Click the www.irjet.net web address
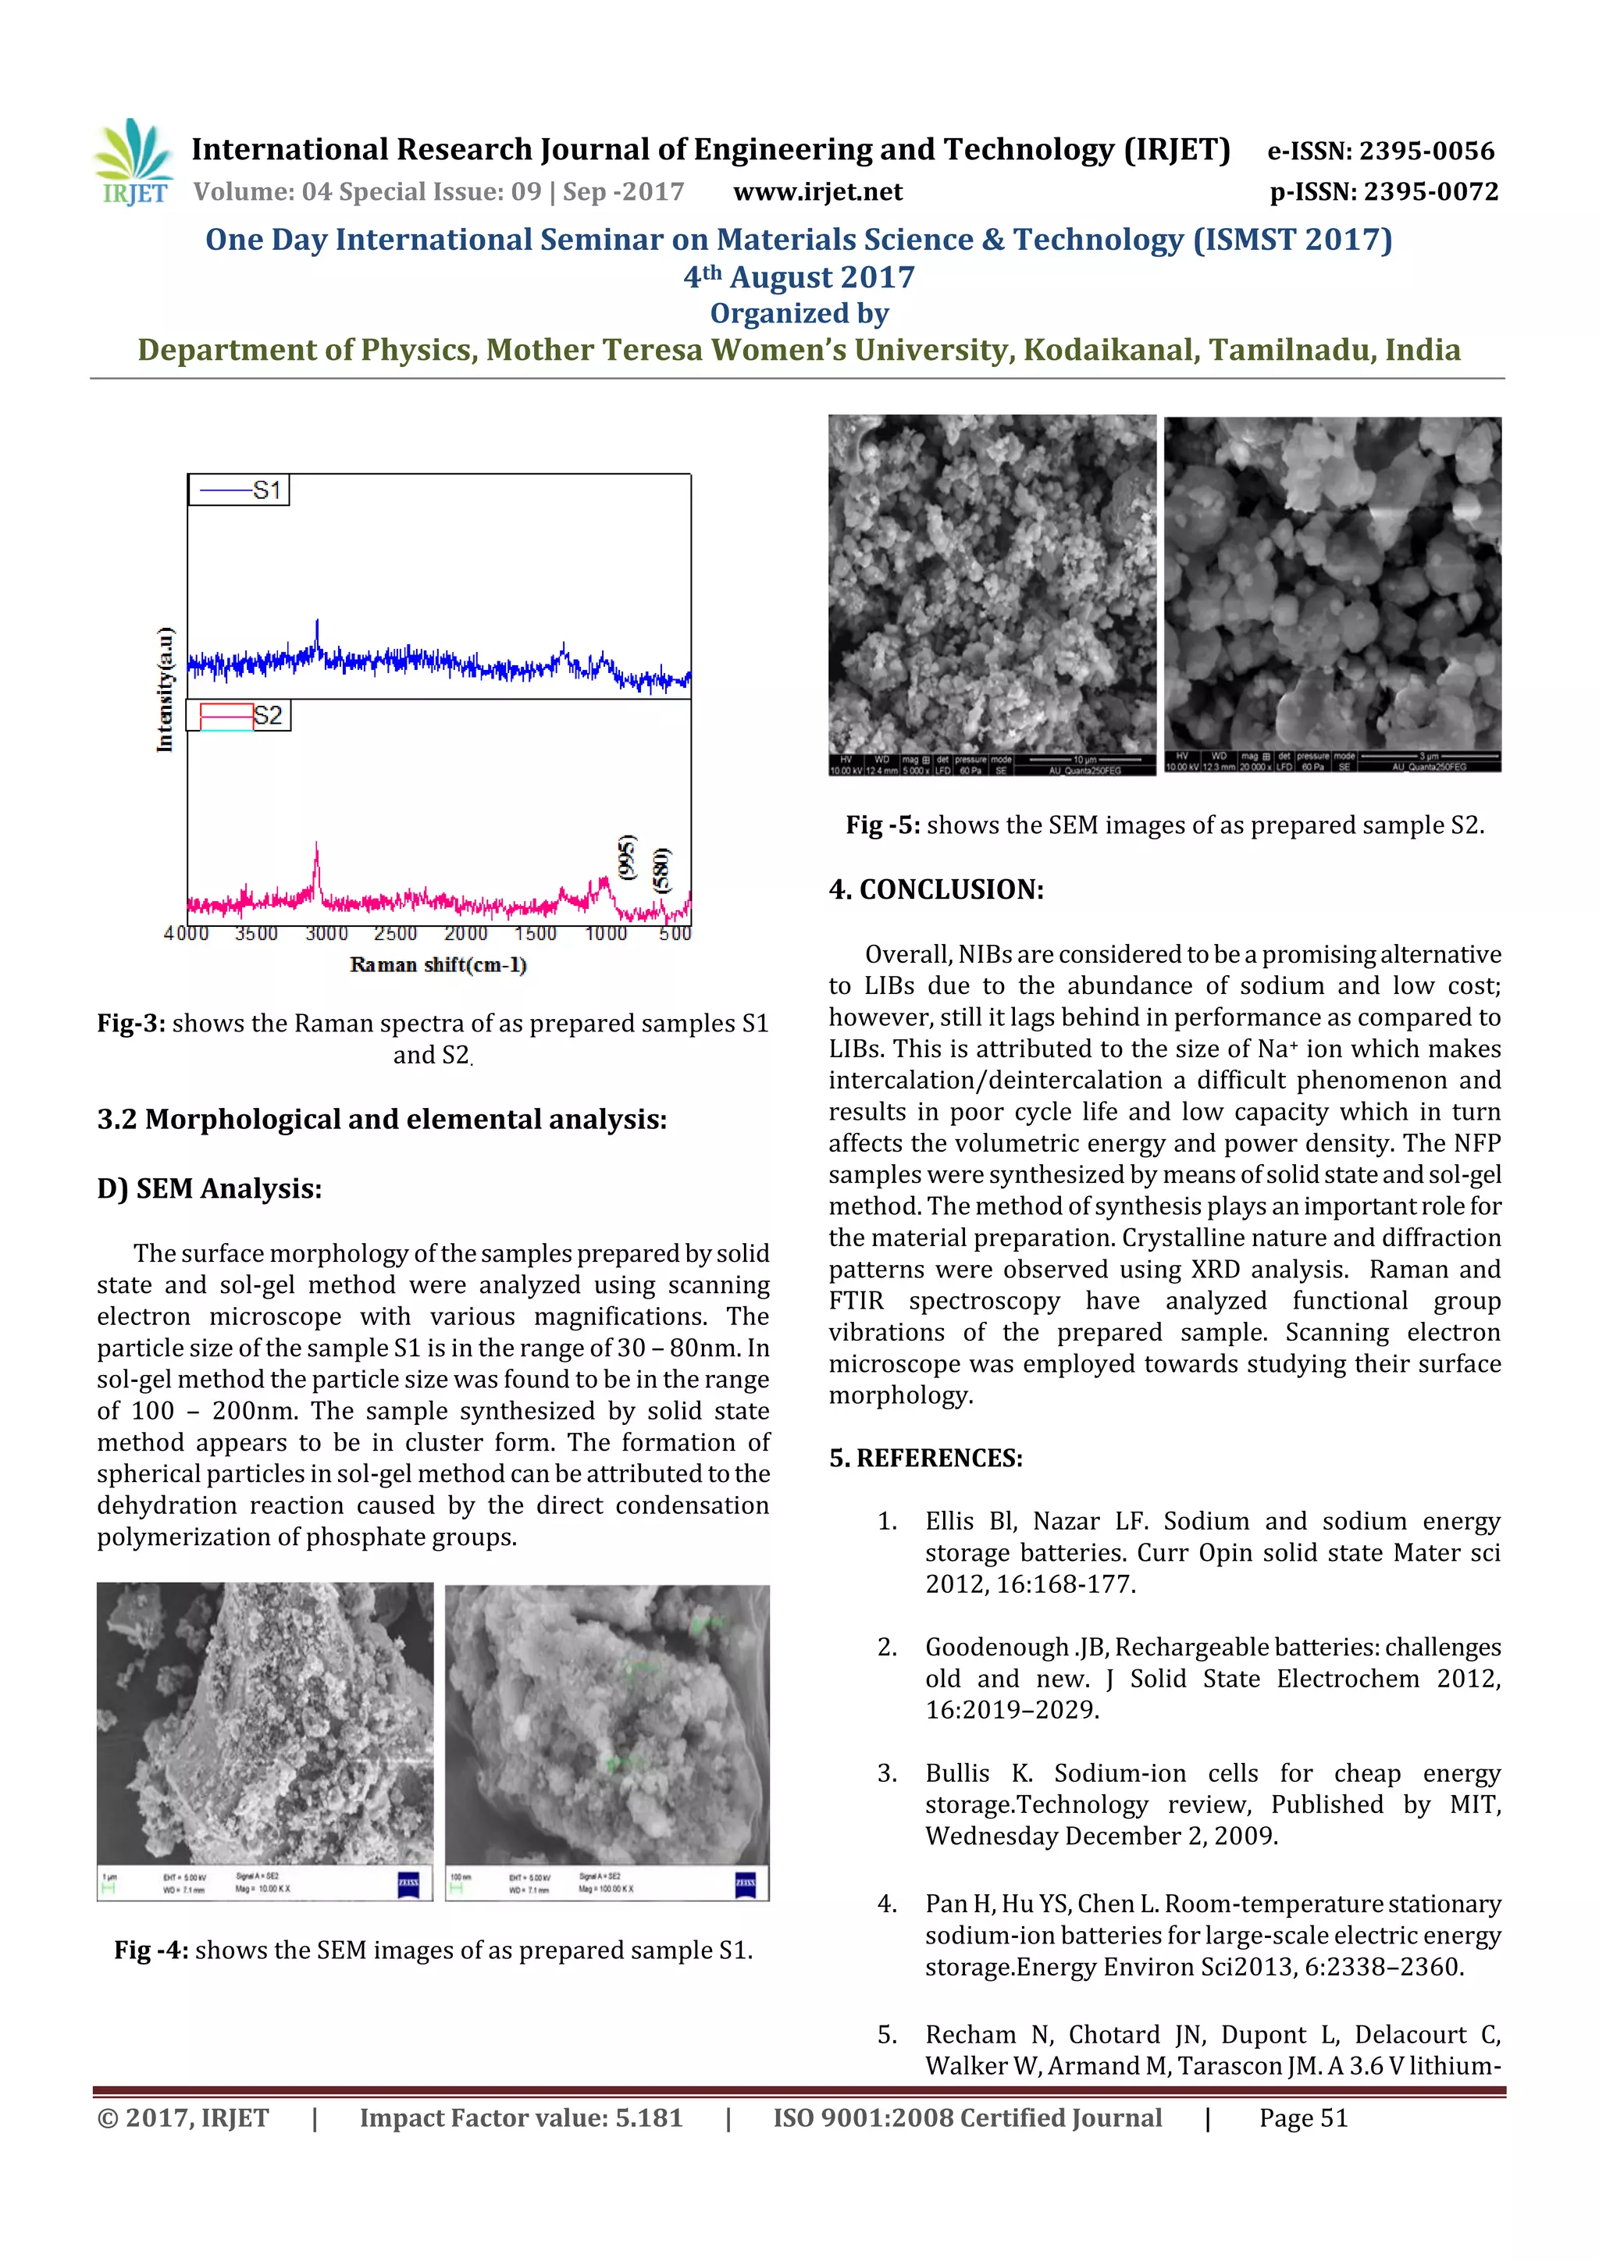[x=817, y=192]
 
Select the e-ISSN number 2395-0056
[x=1380, y=151]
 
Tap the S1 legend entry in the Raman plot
[x=240, y=490]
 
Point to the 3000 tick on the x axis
[x=326, y=933]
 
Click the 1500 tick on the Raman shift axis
[x=535, y=933]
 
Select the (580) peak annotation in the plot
[x=663, y=870]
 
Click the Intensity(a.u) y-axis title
[x=165, y=689]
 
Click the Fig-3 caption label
[x=130, y=1024]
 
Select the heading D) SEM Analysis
[x=209, y=1188]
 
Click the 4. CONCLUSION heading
[x=935, y=889]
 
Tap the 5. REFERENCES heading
[x=925, y=1458]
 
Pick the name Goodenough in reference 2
[x=996, y=1648]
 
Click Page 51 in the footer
[x=1302, y=2118]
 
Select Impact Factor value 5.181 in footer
[x=520, y=2118]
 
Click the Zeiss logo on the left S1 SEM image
[x=408, y=1885]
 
